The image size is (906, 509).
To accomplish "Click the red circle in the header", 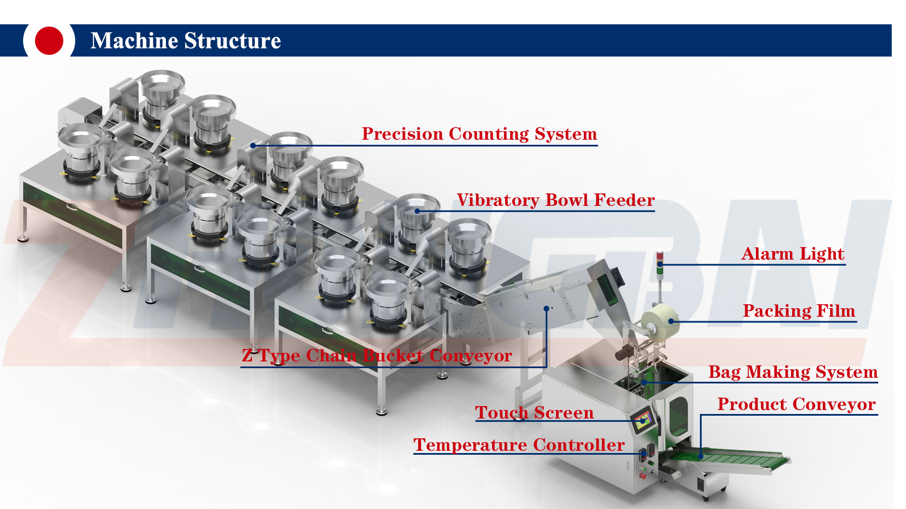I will tap(49, 41).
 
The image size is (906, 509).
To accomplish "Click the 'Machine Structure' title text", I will tap(186, 41).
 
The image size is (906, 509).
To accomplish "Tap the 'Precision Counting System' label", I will tap(479, 134).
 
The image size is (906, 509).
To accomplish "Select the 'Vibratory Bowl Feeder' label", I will tap(555, 200).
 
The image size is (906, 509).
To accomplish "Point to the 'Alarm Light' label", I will tap(793, 254).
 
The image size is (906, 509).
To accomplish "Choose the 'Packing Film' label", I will tap(798, 311).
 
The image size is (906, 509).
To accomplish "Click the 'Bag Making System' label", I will tap(793, 372).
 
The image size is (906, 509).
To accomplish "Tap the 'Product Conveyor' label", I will tap(796, 404).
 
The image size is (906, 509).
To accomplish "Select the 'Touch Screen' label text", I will tap(534, 413).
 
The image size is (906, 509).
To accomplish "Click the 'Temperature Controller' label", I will tap(519, 445).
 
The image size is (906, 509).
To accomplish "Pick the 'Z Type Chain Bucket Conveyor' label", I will tap(377, 356).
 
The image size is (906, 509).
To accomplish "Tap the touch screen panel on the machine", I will tap(643, 421).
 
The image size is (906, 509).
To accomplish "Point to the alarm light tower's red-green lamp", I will tap(660, 263).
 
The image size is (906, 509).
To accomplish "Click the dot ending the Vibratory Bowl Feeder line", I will tap(417, 211).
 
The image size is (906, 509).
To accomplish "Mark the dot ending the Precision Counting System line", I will tap(253, 145).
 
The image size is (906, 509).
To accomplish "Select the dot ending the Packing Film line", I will tap(671, 321).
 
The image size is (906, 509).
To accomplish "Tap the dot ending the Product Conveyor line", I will tap(700, 456).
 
